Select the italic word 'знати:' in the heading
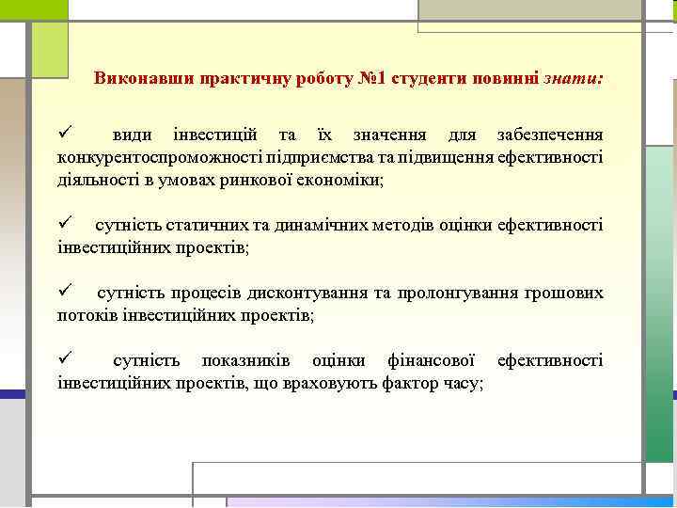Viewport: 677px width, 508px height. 573,79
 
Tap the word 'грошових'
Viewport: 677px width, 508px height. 565,293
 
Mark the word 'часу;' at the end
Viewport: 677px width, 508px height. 463,383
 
